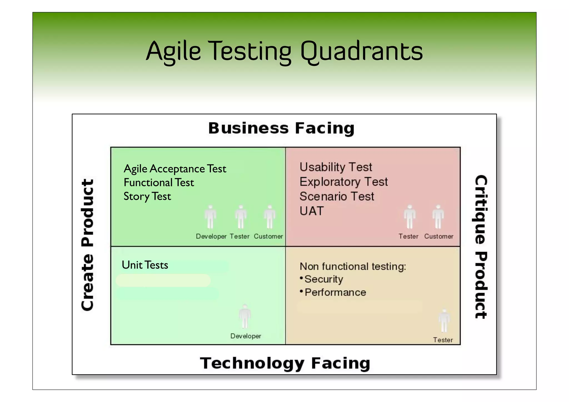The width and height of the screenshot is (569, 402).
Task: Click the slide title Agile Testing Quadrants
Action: tap(284, 51)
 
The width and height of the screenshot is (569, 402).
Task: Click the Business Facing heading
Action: tap(281, 128)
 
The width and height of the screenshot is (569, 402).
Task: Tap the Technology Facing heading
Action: tap(285, 363)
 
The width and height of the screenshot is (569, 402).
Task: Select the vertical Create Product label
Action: tap(88, 245)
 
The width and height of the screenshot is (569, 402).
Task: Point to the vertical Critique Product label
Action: tap(481, 247)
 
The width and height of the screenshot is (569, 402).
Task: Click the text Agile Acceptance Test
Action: tap(175, 169)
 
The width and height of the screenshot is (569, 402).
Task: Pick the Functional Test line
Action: tap(159, 183)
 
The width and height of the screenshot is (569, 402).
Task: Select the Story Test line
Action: tap(147, 196)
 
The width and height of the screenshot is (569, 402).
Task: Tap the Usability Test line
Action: tap(336, 167)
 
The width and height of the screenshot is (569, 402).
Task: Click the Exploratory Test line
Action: tap(343, 182)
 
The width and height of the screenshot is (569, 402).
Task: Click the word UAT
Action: tap(311, 211)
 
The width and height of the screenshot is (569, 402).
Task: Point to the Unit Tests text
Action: tap(145, 265)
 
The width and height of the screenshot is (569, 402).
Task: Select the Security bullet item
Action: tap(324, 279)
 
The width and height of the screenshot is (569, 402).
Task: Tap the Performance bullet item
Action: tap(335, 293)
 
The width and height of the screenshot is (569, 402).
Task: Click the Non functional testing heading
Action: tap(353, 266)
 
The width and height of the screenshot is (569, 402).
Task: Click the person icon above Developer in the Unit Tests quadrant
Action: tap(245, 316)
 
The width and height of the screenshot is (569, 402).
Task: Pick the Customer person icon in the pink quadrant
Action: tap(438, 217)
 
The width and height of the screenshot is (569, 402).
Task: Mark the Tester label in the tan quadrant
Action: tap(443, 340)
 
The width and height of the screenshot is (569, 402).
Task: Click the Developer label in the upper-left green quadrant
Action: tap(211, 236)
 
